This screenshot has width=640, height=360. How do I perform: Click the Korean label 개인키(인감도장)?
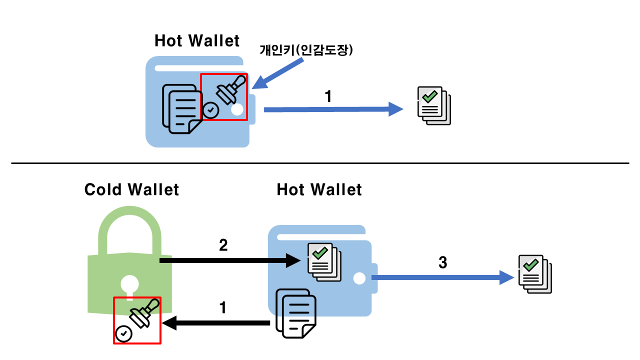(306, 50)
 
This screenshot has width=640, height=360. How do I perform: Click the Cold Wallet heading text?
(131, 190)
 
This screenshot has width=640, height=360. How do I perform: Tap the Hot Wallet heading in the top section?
(197, 41)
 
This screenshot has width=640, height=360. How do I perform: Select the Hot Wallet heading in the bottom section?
(319, 190)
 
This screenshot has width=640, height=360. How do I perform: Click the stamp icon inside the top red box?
(230, 89)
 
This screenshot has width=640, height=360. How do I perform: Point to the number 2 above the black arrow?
(223, 244)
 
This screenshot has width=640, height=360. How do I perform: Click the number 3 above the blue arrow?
(442, 262)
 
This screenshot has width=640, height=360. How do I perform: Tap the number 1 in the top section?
(328, 96)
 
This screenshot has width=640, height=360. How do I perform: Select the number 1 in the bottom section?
(223, 307)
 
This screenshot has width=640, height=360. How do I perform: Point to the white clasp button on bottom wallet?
(359, 278)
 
